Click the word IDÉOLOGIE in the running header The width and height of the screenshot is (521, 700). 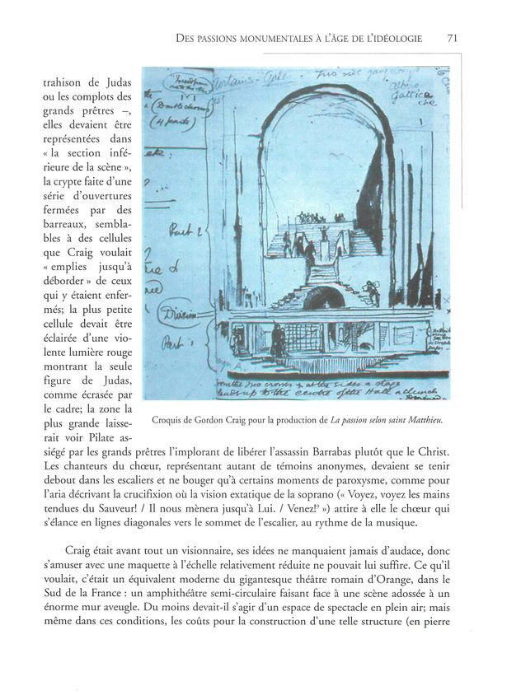click(x=392, y=38)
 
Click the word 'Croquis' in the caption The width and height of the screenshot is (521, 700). click(x=171, y=421)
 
